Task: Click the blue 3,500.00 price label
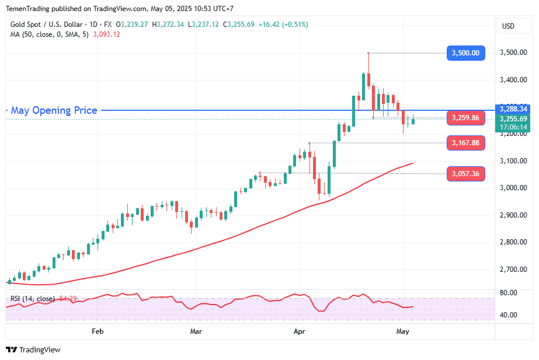coord(465,53)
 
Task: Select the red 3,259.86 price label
coord(465,118)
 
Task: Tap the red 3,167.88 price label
coord(465,142)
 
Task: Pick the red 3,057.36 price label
coord(465,173)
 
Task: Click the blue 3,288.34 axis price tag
coord(513,109)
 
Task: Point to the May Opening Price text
coord(54,110)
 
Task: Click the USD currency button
coord(508,26)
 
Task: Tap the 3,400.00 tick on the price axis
coord(513,80)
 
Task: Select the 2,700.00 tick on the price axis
coord(513,270)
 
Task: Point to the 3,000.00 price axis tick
coord(513,188)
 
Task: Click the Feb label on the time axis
coord(98,331)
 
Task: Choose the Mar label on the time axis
coord(196,331)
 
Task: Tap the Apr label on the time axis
coord(300,331)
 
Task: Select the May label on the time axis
coord(402,331)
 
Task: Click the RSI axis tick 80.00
coord(509,293)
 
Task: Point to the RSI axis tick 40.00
coord(509,315)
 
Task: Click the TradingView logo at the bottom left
coord(33,350)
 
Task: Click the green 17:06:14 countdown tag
coord(513,127)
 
